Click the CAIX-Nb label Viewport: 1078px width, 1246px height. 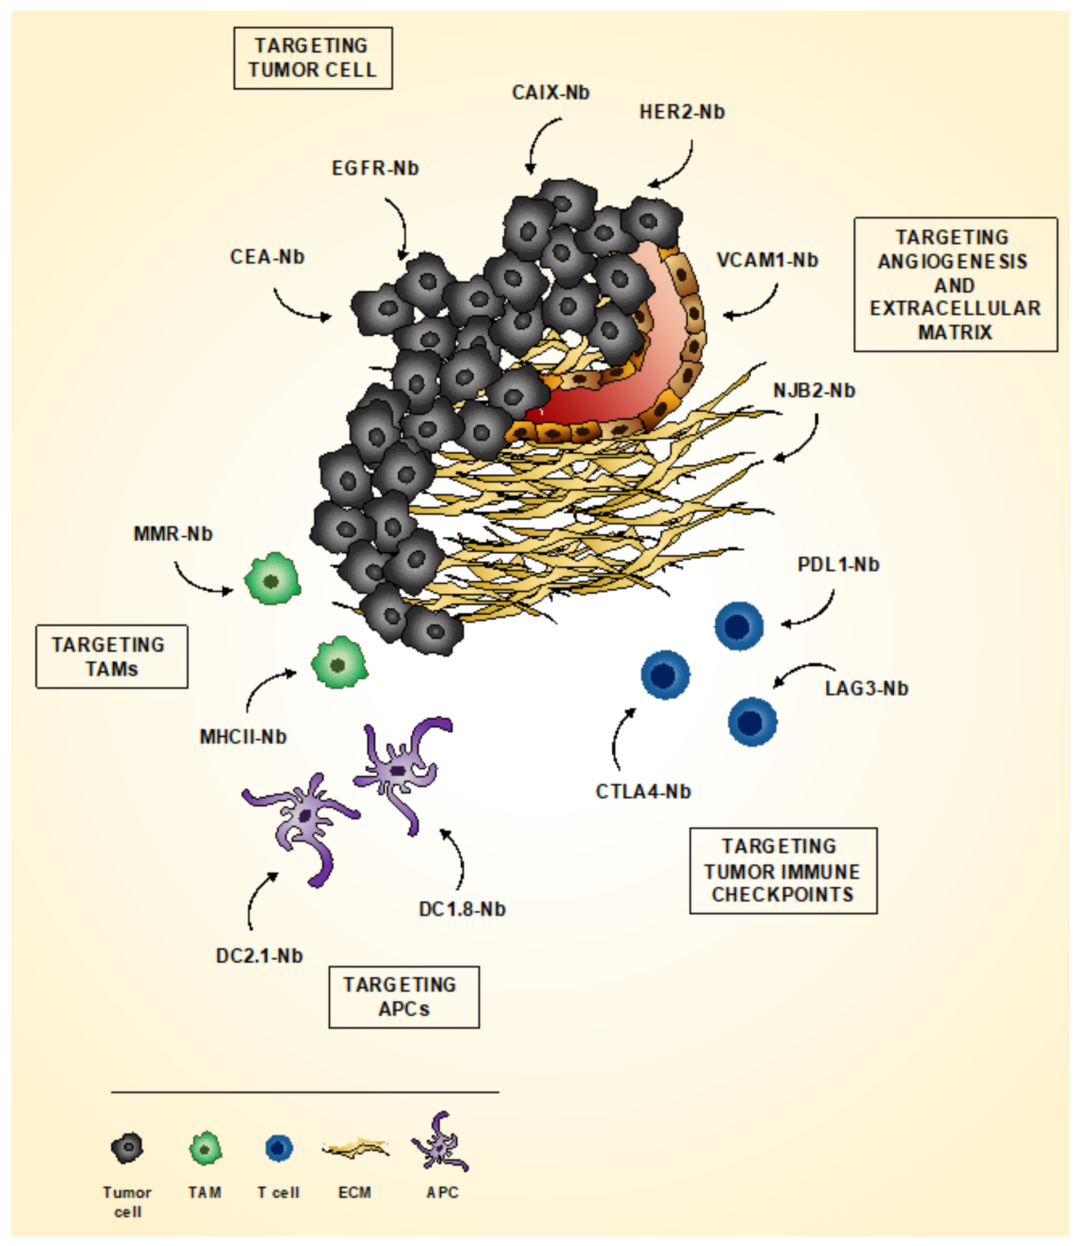550,93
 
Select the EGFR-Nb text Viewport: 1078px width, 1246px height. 375,168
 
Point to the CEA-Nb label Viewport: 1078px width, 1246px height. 267,257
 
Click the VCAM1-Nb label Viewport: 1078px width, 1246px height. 767,260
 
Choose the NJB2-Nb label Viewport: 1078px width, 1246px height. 813,390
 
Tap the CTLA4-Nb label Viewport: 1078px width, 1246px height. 643,791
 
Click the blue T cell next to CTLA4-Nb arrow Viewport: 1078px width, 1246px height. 665,675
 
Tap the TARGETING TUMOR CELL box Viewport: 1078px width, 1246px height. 313,58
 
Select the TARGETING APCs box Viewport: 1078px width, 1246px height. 403,997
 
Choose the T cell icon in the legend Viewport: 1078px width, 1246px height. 278,1148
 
